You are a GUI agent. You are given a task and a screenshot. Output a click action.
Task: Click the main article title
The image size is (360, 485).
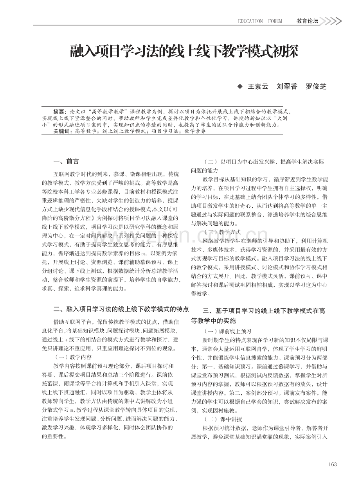[184, 52]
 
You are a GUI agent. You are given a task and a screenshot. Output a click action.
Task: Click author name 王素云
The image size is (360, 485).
[258, 86]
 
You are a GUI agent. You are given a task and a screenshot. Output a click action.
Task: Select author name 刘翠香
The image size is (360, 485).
[287, 86]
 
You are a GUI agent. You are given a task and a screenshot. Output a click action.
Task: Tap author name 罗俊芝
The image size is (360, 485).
[316, 86]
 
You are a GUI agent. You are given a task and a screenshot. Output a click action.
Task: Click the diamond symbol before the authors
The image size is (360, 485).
[240, 86]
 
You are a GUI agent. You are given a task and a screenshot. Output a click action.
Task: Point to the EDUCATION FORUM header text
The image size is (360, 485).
[260, 21]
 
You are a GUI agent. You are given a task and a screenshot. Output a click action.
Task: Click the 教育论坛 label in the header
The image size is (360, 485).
[307, 21]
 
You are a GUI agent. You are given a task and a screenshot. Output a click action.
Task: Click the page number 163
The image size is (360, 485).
[333, 464]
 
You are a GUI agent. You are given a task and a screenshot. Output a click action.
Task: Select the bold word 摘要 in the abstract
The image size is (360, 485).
[59, 111]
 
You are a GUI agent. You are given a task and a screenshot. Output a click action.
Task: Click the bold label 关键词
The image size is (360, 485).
[61, 131]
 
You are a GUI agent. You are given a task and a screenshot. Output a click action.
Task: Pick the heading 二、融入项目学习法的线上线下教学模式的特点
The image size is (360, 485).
[121, 309]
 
